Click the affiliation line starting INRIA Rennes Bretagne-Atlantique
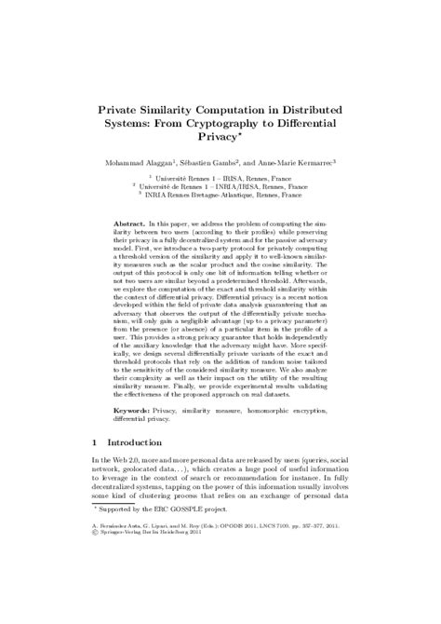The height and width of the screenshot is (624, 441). coord(220,194)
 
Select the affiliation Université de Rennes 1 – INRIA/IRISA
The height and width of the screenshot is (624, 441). coord(220,185)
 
